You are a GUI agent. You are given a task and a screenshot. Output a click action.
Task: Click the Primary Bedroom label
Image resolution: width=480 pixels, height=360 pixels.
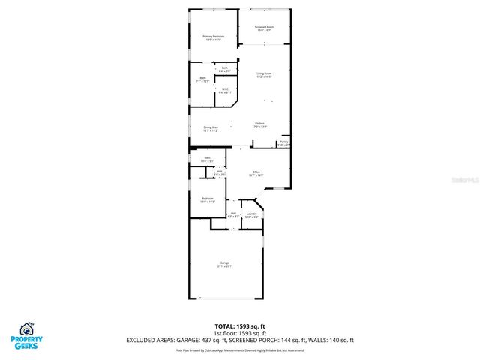(x=213, y=37)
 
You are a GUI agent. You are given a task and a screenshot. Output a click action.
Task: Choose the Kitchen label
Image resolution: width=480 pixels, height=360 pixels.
(x=259, y=124)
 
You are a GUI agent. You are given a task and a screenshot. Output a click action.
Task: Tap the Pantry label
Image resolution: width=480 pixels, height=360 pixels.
(x=283, y=142)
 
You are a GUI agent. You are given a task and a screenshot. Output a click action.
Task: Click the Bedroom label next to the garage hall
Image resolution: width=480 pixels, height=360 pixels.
(x=208, y=199)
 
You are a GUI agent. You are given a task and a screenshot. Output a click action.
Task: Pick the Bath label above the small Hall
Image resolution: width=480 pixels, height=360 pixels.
(x=207, y=159)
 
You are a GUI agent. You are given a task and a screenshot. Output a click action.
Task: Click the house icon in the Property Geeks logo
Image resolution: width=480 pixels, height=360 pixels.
(x=27, y=328)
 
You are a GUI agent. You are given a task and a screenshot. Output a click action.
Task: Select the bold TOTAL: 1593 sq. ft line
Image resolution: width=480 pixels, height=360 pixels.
(x=239, y=326)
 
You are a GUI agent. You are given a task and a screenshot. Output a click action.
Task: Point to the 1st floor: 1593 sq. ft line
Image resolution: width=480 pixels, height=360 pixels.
(x=239, y=333)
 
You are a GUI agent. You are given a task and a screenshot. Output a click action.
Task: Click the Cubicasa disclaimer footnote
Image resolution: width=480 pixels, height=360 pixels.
(x=239, y=349)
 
